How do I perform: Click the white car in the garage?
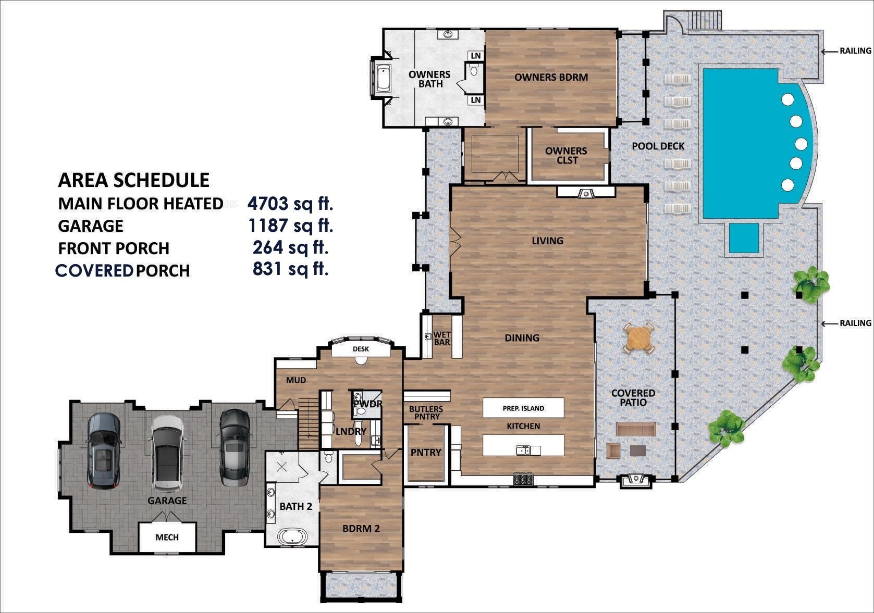[167, 453]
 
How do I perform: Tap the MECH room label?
[167, 537]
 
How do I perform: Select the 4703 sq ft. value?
[290, 203]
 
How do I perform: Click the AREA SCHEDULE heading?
[133, 180]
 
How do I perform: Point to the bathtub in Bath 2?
[292, 537]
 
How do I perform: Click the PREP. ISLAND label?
[523, 408]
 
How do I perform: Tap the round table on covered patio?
[639, 339]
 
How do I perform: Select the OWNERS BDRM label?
[551, 77]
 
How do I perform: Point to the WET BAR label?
[442, 339]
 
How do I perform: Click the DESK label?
[361, 349]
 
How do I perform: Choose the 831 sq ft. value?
[290, 269]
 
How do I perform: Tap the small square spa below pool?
[744, 238]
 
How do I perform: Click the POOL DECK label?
[658, 146]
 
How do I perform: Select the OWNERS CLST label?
[566, 155]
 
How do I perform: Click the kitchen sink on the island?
[523, 450]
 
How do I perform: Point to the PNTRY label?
[426, 453]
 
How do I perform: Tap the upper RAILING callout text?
[855, 51]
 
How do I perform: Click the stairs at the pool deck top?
[705, 21]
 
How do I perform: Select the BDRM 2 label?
[361, 529]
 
